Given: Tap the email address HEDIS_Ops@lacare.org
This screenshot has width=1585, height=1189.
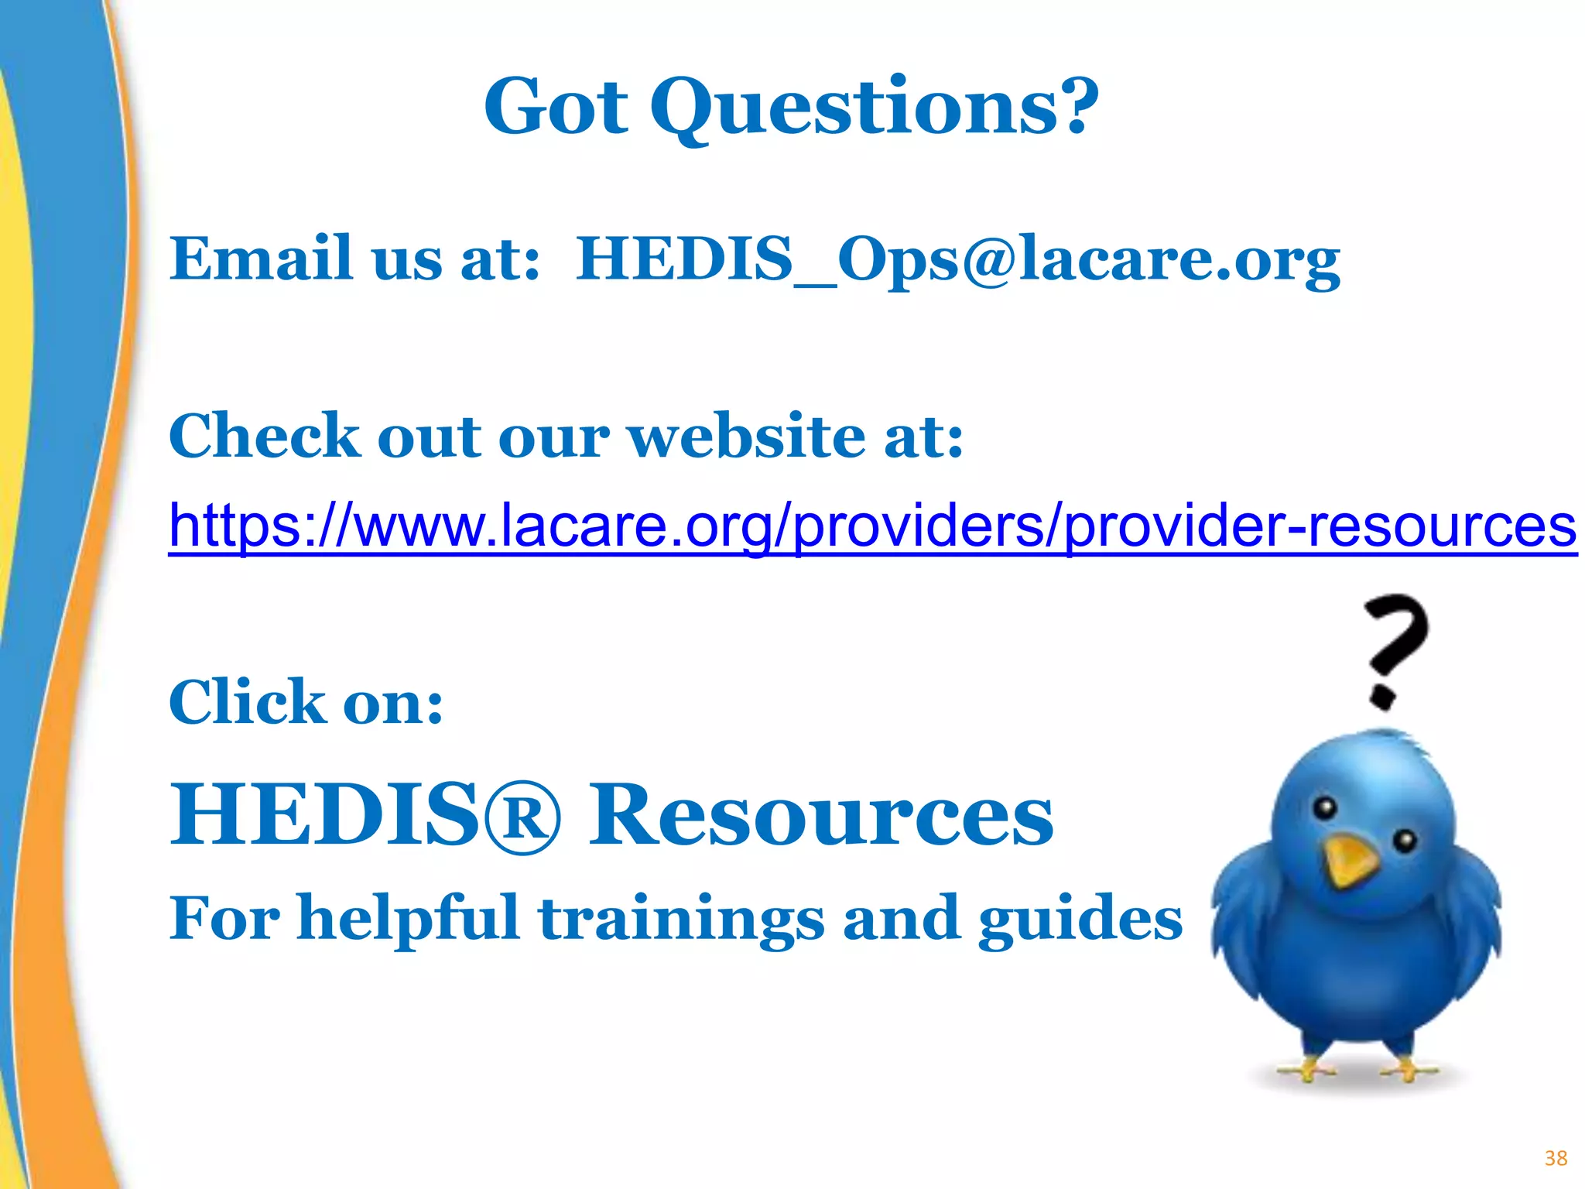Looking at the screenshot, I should [958, 259].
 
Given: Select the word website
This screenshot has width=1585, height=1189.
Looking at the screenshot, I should [747, 436].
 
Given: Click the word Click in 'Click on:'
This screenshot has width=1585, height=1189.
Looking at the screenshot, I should [247, 701].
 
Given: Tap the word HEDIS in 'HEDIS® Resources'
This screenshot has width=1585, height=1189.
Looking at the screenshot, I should [325, 815].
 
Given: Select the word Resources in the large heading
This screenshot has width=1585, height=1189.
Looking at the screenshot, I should [821, 815].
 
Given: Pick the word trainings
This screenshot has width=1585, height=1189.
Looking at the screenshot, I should [681, 919].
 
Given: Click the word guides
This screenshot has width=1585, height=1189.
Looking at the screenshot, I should [1080, 919].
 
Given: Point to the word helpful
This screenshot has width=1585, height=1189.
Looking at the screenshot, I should [408, 919].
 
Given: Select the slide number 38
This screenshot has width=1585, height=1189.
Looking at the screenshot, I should [1556, 1158].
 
